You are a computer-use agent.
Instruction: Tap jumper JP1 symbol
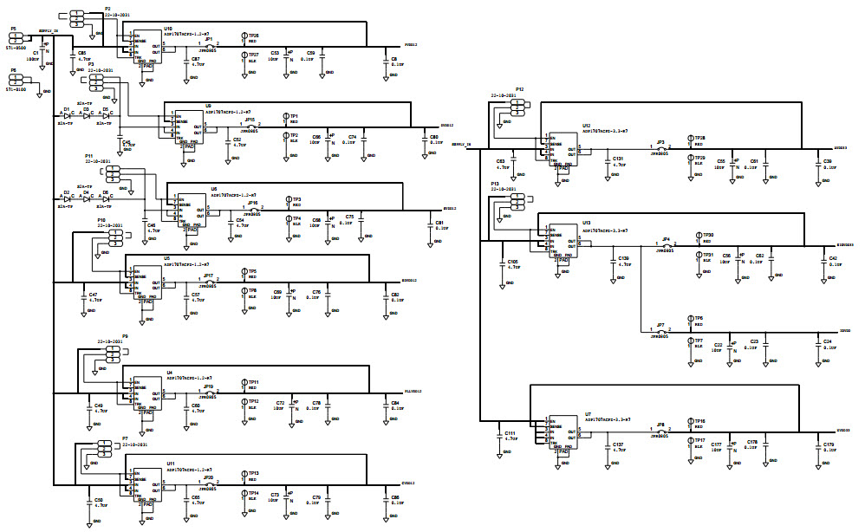pyautogui.click(x=209, y=46)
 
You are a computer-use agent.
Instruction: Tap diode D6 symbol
pyautogui.click(x=104, y=198)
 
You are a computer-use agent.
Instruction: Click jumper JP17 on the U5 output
pyautogui.click(x=209, y=282)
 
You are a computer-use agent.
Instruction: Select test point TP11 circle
pyautogui.click(x=244, y=382)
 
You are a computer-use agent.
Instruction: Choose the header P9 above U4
pyautogui.click(x=111, y=356)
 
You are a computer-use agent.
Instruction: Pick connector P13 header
pyautogui.click(x=517, y=200)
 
